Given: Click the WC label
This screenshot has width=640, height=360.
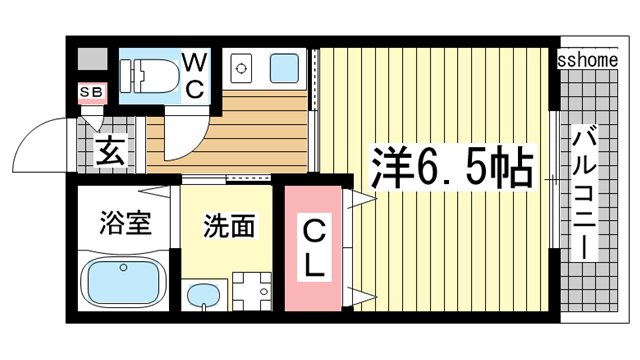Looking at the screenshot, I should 194,76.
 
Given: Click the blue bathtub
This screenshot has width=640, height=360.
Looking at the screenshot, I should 122,282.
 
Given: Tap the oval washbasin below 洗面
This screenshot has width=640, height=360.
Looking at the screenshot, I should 204,296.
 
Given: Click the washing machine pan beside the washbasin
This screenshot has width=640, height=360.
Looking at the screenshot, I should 252,290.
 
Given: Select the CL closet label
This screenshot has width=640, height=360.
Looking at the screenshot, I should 313,249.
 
